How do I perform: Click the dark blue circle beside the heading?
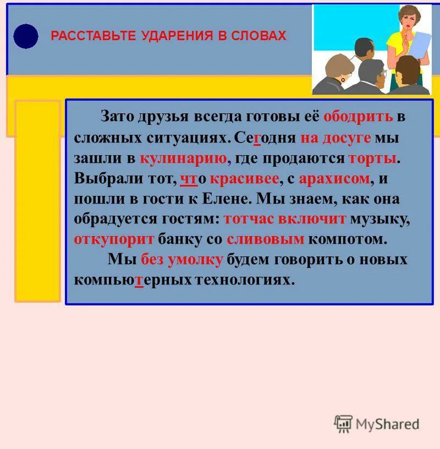[x=26, y=36]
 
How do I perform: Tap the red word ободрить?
[x=358, y=117]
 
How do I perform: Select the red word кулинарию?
[x=184, y=158]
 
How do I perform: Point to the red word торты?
[x=372, y=158]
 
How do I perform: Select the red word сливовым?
[x=266, y=239]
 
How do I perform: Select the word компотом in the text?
[x=348, y=239]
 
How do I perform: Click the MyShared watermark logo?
[x=377, y=424]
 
